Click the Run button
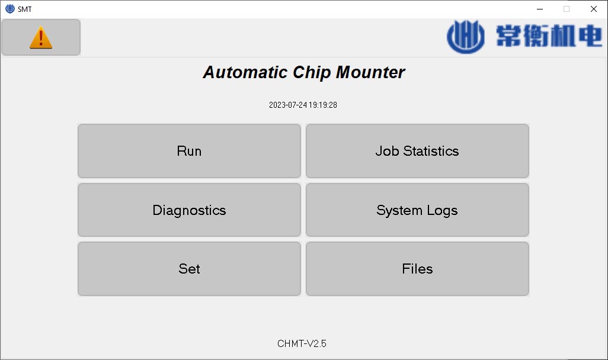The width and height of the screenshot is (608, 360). click(x=189, y=151)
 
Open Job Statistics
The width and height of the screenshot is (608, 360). click(x=417, y=151)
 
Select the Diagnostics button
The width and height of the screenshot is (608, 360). click(x=189, y=210)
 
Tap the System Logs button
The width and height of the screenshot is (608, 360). click(x=417, y=210)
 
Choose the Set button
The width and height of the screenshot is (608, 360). click(x=189, y=269)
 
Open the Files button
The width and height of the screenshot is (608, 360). click(x=417, y=269)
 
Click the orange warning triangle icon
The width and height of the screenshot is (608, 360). click(x=41, y=37)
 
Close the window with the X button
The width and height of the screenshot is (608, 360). click(x=594, y=9)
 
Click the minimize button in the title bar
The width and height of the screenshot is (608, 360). click(x=540, y=9)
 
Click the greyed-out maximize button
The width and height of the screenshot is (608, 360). click(x=567, y=9)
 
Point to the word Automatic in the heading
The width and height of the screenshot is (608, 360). click(x=245, y=72)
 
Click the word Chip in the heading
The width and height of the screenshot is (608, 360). click(x=312, y=73)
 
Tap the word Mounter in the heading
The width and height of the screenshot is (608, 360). click(x=370, y=72)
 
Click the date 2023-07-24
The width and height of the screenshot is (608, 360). click(x=288, y=105)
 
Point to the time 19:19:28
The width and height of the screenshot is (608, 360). click(x=323, y=105)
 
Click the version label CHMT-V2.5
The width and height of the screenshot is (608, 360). click(x=302, y=344)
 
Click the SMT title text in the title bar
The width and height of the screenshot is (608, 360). click(x=24, y=9)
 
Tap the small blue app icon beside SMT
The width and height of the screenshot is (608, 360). click(x=10, y=9)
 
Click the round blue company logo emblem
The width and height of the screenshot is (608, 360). click(x=466, y=37)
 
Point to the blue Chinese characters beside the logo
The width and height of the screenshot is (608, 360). click(x=549, y=36)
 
